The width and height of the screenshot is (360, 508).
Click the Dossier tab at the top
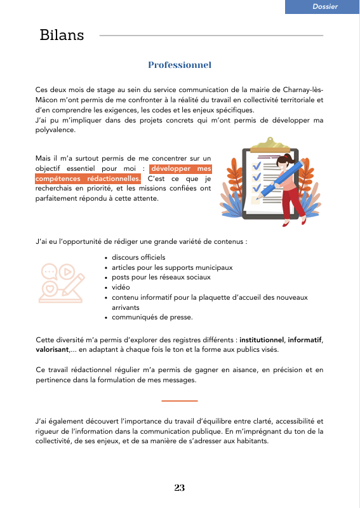pos(325,6)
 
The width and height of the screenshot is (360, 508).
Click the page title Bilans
pos(62,35)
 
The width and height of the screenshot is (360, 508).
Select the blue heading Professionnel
pos(180,65)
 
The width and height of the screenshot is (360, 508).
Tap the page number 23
pos(180,488)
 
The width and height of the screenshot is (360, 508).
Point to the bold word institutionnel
pos(262,339)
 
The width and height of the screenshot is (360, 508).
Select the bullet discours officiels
pos(138,257)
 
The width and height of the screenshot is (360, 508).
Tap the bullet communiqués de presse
pos(152,317)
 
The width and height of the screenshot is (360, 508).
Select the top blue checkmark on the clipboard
pos(257,164)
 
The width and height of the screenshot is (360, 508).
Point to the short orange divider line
pos(180,401)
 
